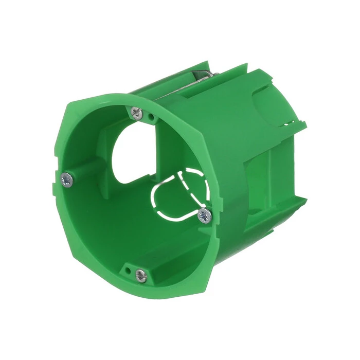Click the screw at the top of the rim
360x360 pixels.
[137, 113]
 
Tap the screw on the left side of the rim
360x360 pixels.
[66, 179]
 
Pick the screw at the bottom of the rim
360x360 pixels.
[140, 275]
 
